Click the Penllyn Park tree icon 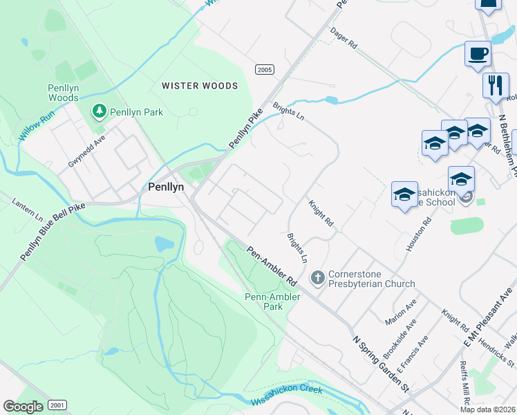(99, 111)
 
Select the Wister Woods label (200, 86)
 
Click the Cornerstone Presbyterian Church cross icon (317, 277)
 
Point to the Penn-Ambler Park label (272, 302)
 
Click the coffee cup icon (478, 54)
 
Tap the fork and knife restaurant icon (496, 85)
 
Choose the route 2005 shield (264, 69)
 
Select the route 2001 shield (58, 405)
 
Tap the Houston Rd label (419, 234)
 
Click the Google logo (22, 407)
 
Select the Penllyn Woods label (63, 93)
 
